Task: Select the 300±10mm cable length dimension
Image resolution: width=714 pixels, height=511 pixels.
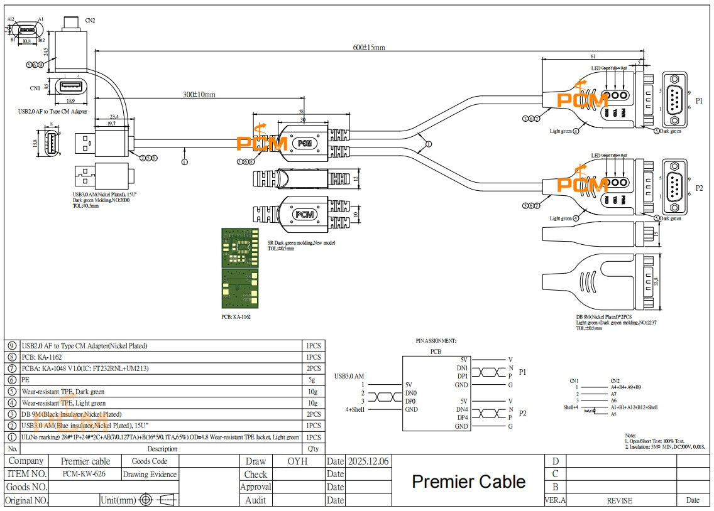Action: pos(199,95)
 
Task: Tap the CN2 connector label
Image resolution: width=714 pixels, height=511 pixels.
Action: pos(91,20)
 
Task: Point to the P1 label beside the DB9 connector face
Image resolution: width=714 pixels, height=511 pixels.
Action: pos(700,100)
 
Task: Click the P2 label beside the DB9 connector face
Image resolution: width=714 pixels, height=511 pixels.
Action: pos(700,188)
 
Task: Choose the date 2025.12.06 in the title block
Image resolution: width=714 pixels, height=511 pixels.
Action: pos(368,461)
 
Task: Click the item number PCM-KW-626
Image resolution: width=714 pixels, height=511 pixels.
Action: pos(84,474)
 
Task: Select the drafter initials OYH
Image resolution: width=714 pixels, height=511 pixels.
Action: pos(297,461)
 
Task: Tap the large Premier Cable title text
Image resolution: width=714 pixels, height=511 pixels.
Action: pos(468,481)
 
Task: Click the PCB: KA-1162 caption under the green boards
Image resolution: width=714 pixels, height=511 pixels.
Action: pos(236,318)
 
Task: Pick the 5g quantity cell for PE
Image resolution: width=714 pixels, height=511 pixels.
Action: pos(312,380)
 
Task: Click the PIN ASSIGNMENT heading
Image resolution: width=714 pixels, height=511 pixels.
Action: pos(436,340)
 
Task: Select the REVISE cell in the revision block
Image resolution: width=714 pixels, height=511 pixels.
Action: pos(619,500)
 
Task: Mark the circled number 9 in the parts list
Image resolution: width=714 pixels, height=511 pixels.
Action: pos(12,346)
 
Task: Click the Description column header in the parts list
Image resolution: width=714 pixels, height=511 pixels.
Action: pos(162,449)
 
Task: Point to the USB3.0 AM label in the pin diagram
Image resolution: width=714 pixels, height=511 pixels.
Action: pos(349,376)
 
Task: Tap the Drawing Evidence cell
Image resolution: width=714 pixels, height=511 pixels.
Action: pos(150,475)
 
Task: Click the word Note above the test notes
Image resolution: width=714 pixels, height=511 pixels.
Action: pos(630,435)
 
